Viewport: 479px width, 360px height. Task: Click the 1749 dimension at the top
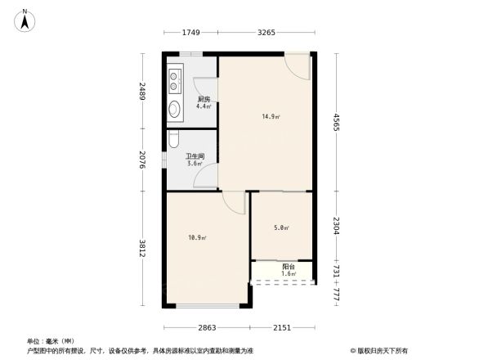(190, 33)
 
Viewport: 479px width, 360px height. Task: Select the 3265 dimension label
(266, 33)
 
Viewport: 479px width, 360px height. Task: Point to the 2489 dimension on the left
(141, 92)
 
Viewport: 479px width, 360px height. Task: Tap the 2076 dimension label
(141, 160)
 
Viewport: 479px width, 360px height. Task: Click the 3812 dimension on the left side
(141, 249)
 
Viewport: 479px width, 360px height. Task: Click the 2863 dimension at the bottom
(207, 327)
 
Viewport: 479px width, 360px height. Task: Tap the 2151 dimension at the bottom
(282, 327)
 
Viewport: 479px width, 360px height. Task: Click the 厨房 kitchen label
(204, 100)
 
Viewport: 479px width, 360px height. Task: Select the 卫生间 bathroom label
(194, 156)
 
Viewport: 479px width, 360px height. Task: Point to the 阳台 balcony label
(288, 267)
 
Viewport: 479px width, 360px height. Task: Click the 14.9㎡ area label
(271, 117)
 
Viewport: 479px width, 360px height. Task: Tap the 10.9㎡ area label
(197, 238)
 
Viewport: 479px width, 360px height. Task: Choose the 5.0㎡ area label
(280, 227)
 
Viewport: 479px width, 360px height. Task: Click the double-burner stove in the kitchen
(176, 80)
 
